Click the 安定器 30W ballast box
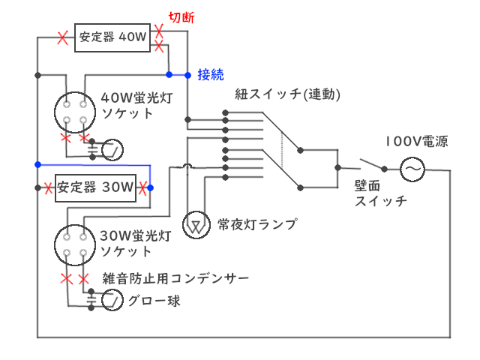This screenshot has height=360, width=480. tap(94, 187)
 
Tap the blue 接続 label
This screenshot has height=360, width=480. tap(211, 73)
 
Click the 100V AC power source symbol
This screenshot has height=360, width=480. tap(412, 169)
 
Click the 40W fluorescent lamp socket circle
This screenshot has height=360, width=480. tap(76, 111)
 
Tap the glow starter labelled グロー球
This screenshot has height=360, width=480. tap(112, 301)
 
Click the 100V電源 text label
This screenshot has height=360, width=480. tap(417, 141)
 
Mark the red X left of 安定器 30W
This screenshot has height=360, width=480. tap(46, 187)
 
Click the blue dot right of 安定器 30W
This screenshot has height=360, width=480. tap(150, 187)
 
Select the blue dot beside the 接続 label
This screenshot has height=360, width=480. tap(187, 74)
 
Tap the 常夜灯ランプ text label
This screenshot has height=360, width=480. tap(257, 223)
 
